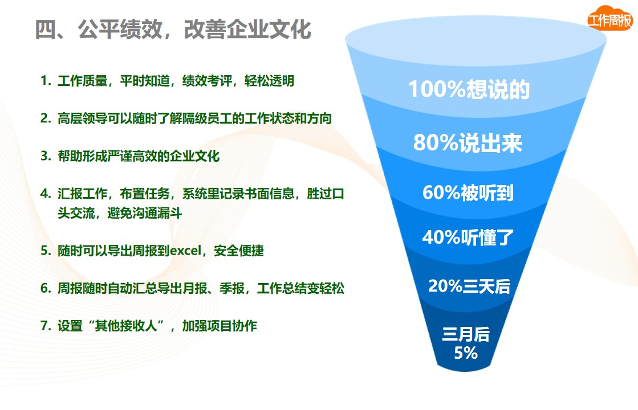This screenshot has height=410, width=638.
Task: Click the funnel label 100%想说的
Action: [469, 89]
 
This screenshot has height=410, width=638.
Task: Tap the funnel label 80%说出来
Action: [468, 142]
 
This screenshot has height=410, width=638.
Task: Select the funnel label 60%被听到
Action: [468, 192]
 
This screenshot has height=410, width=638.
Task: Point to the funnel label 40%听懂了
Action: [468, 237]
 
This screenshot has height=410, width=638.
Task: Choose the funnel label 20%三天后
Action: [469, 286]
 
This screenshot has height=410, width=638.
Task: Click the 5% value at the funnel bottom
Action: [466, 352]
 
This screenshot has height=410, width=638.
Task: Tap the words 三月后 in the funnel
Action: [466, 334]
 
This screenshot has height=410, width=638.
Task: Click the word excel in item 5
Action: [185, 251]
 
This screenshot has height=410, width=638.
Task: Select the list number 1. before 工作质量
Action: [46, 80]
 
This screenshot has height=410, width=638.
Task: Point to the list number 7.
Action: [46, 326]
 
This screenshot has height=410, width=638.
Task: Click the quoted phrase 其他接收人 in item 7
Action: [126, 326]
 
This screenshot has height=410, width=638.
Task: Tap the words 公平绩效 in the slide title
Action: [120, 29]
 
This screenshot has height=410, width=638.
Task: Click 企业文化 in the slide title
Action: [269, 29]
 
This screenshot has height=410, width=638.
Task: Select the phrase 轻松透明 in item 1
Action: [269, 81]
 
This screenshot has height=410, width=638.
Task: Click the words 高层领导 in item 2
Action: [82, 118]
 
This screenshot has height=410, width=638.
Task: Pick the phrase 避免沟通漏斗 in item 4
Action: [144, 213]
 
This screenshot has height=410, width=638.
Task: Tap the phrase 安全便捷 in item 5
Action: [239, 251]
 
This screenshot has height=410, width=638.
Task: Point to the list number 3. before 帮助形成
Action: [46, 155]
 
